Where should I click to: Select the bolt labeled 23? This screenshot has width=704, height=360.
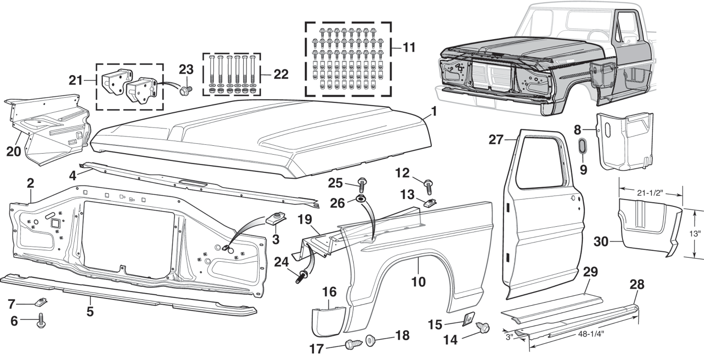[184, 91]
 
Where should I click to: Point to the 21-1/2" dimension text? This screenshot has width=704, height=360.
[650, 193]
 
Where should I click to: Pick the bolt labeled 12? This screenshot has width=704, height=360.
[429, 185]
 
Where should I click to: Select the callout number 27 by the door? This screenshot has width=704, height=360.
[495, 140]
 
